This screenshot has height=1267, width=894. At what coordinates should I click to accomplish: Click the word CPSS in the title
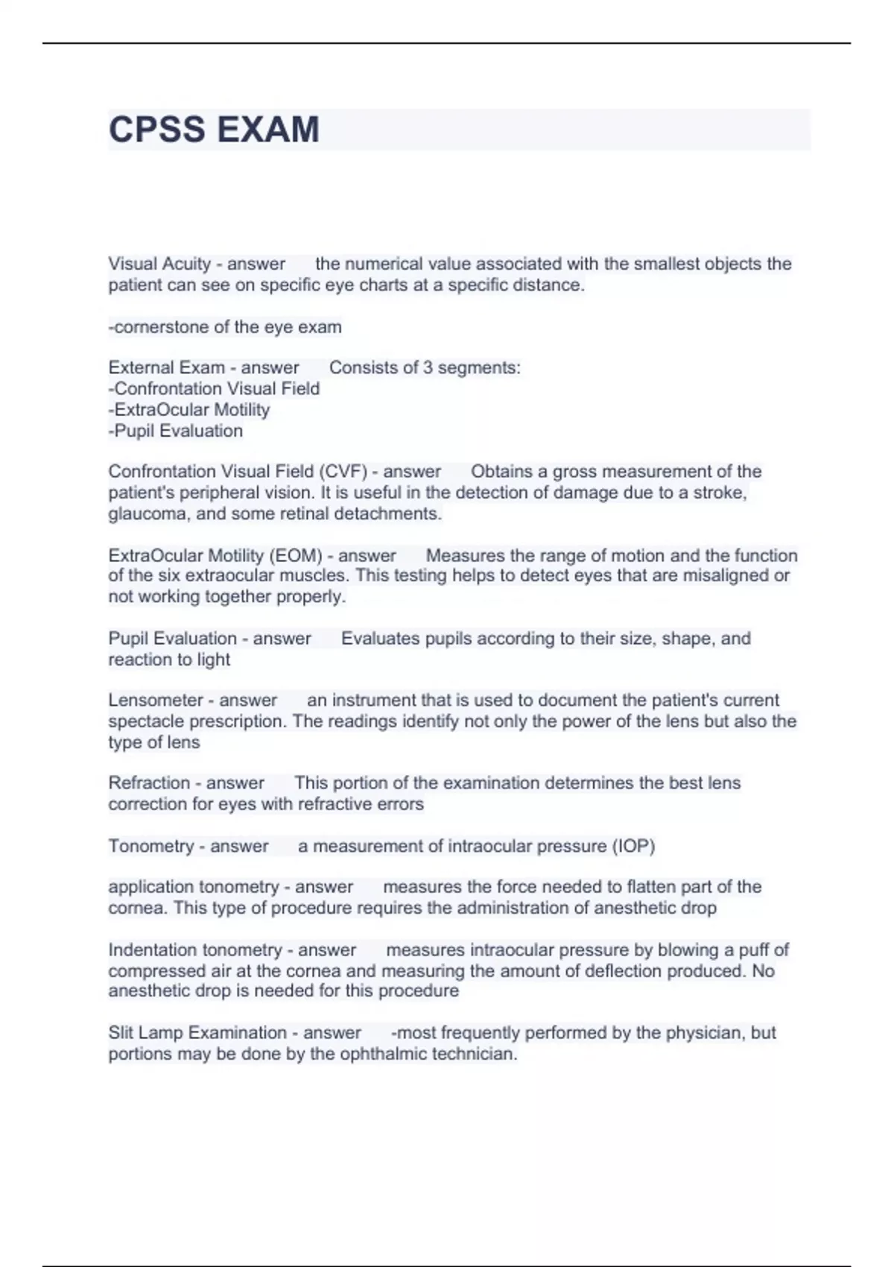(x=156, y=130)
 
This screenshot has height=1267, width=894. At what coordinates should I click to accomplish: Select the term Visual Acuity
(x=159, y=264)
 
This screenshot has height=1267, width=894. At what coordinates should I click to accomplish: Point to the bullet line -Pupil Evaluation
(x=176, y=431)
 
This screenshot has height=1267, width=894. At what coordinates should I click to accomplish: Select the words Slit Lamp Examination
(x=197, y=1033)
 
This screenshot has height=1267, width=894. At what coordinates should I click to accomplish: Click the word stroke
(x=719, y=493)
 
